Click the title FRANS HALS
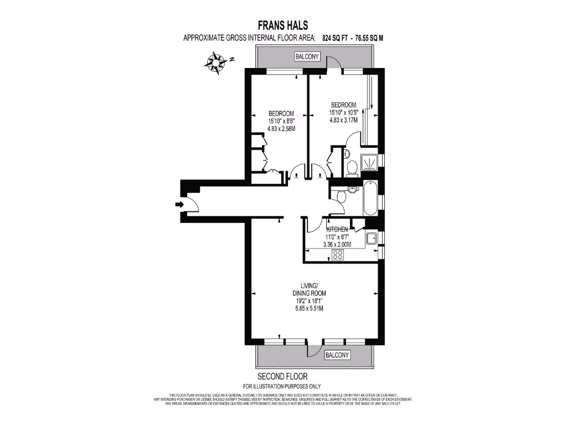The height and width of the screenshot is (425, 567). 283,25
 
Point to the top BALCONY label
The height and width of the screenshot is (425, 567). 307,56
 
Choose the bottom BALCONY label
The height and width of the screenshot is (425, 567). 337,355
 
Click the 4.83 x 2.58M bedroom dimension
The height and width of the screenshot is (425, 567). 281,129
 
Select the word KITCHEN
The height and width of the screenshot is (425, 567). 337,230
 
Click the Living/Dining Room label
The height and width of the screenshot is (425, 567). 309,289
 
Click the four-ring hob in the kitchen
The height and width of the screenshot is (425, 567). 337,255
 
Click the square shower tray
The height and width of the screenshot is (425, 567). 369,161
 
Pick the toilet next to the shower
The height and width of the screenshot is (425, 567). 352,167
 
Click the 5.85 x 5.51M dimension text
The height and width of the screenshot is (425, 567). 309,308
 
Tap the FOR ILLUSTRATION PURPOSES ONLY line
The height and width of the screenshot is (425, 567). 282,386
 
